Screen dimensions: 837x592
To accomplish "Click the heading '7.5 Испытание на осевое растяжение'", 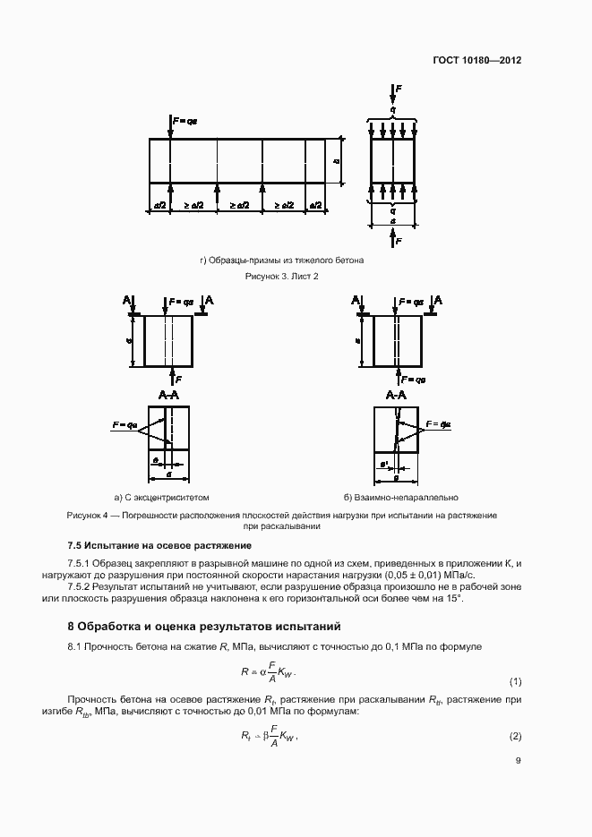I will (x=159, y=545).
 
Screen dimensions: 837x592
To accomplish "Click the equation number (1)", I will (x=515, y=681).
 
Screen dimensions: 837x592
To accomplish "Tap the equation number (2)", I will (x=515, y=737).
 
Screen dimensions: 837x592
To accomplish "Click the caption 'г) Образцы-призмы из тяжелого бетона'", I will (x=282, y=260).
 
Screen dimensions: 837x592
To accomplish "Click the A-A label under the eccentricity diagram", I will (x=169, y=395).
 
